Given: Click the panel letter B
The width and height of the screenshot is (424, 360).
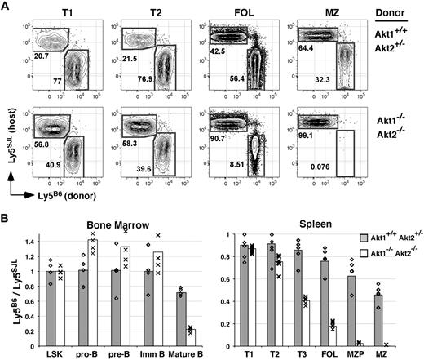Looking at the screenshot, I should point(7,213).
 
